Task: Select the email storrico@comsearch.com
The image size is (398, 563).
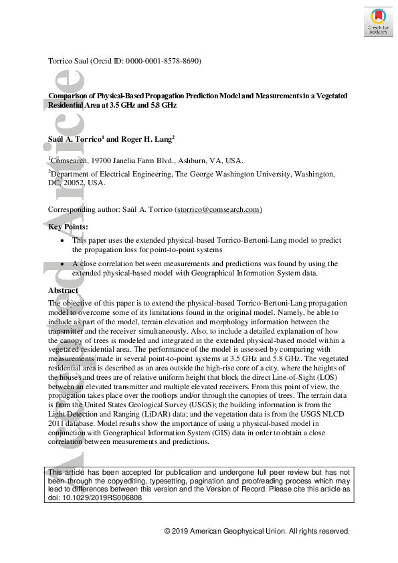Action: pos(218,209)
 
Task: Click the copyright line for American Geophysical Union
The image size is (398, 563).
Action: pos(257,531)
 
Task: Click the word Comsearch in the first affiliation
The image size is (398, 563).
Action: pos(72,160)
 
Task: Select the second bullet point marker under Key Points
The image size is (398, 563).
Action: pos(63,264)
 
